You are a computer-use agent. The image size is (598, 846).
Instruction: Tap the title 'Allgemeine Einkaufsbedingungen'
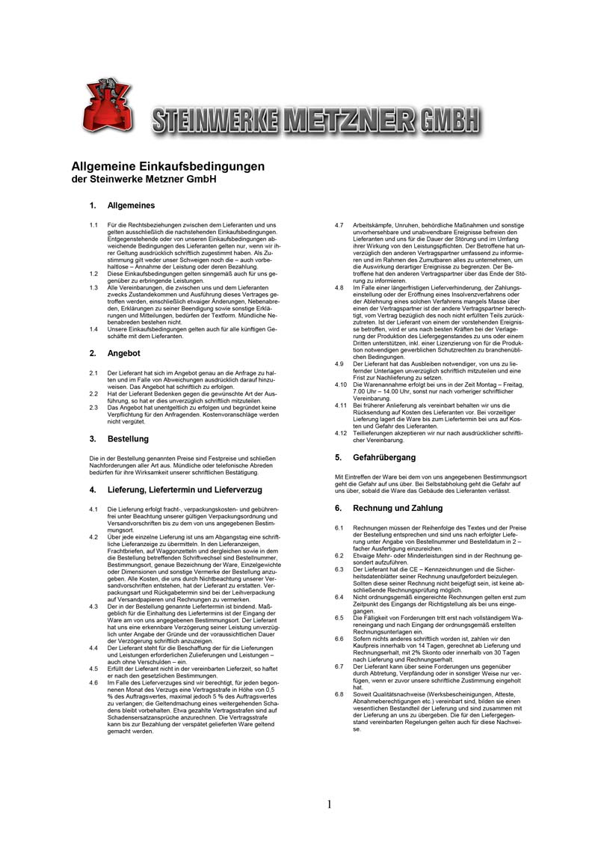(x=167, y=165)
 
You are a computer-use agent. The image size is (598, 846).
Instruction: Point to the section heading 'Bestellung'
(x=129, y=439)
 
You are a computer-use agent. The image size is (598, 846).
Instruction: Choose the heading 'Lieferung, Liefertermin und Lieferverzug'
(x=185, y=490)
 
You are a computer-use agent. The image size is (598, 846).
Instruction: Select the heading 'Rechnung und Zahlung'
(x=388, y=508)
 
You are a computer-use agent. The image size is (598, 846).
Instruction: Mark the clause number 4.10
(x=340, y=384)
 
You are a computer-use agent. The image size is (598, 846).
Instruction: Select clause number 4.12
(x=340, y=432)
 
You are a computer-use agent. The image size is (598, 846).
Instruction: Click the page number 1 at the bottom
(x=329, y=805)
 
